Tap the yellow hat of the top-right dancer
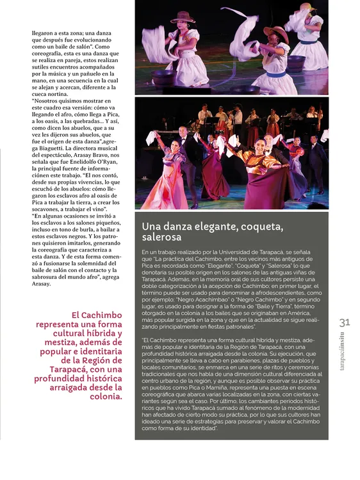(306, 6)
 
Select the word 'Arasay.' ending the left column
(44, 284)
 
